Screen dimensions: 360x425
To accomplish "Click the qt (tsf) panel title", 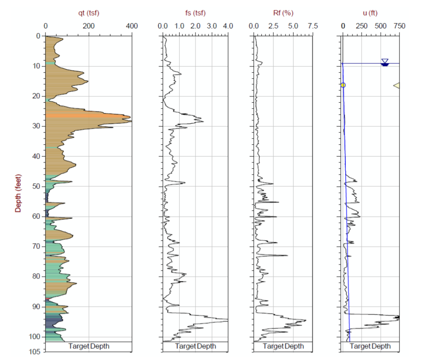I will click(89, 13).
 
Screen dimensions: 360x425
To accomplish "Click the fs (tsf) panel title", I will click(195, 13).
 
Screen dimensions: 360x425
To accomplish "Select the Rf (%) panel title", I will click(283, 13).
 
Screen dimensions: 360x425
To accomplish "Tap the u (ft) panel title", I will click(370, 13).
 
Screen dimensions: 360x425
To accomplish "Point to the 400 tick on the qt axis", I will click(132, 26).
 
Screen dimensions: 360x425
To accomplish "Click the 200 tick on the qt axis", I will click(89, 26).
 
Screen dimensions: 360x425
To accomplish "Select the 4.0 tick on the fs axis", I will click(228, 26).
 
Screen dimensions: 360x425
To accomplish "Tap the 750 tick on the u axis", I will click(399, 26).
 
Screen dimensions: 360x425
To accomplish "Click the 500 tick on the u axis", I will click(380, 26).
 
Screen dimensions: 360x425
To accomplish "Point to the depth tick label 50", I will click(36, 186).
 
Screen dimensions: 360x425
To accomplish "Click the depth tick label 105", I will click(35, 352).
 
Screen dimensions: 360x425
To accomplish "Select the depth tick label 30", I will click(36, 126).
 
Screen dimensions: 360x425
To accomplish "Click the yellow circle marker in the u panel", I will click(343, 85).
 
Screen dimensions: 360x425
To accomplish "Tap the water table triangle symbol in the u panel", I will click(385, 62).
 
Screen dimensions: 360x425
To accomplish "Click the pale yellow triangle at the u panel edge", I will click(397, 85).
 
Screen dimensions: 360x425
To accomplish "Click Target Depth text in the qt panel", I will click(89, 346).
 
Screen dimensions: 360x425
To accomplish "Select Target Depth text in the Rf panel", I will click(283, 346).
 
